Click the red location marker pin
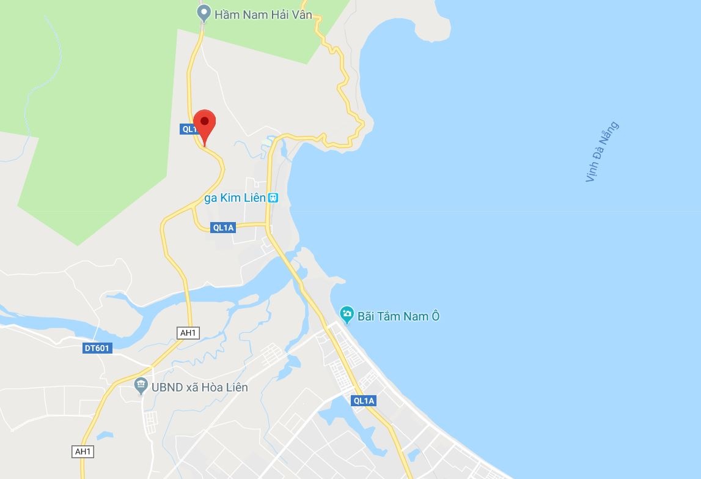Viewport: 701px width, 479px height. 204,123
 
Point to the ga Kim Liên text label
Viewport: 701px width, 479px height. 235,198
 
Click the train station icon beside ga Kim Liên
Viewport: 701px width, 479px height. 273,198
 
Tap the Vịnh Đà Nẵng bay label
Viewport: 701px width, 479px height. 601,152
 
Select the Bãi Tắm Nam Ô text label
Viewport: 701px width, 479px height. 398,316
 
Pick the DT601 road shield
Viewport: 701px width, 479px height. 97,348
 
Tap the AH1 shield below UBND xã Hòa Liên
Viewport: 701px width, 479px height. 82,451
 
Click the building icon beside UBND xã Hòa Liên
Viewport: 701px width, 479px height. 141,387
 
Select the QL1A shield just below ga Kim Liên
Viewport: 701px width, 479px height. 223,228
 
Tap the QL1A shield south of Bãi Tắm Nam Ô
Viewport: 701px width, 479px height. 364,401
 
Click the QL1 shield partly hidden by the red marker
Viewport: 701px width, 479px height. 189,129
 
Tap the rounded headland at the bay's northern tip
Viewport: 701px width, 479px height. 428,24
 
